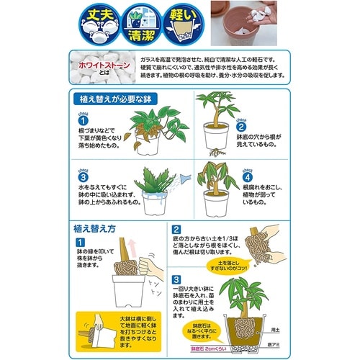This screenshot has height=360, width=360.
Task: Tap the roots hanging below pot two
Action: click(214, 152)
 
